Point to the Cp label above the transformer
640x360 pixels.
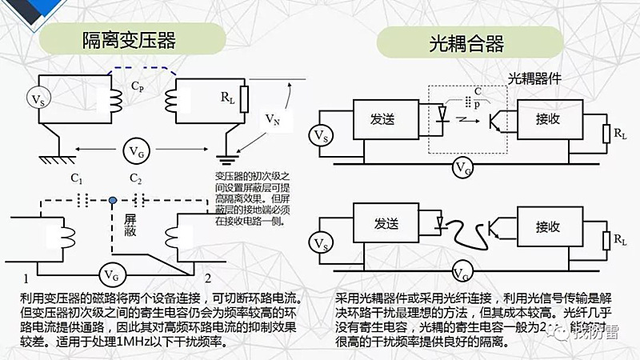(138, 84)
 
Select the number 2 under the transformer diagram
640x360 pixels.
(207, 278)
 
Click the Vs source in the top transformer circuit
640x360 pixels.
(38, 98)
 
